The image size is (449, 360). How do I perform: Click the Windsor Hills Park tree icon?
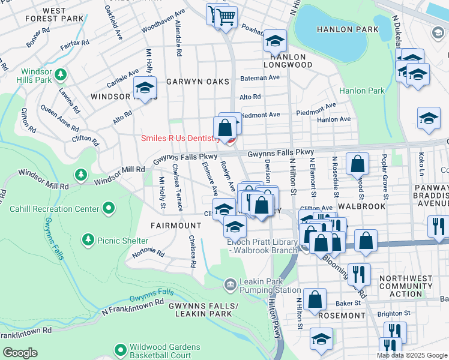(60, 75)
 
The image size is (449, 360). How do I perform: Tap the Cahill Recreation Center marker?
(108, 209)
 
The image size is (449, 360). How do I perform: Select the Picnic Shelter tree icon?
(88, 240)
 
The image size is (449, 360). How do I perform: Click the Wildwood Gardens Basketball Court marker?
(121, 349)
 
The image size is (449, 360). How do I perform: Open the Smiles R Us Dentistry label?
(179, 138)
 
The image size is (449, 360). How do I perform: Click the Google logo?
(20, 353)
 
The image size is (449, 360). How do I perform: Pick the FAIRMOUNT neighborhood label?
(176, 226)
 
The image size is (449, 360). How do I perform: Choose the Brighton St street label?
(394, 313)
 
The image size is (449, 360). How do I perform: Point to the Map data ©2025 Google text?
(412, 355)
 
